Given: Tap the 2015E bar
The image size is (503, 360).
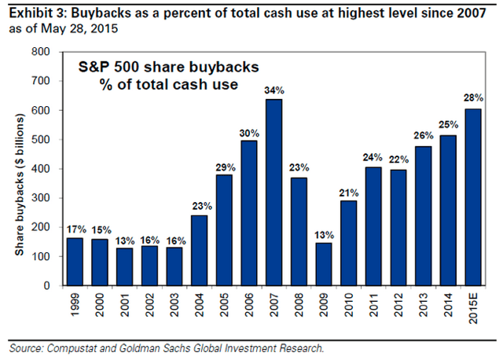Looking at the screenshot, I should click(474, 197).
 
